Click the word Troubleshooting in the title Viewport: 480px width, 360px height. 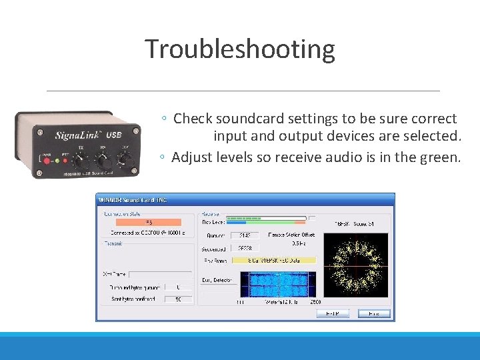(x=239, y=49)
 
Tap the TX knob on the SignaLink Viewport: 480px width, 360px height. (x=81, y=161)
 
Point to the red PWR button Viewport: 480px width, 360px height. (x=47, y=161)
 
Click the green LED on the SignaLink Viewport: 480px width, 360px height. (x=57, y=161)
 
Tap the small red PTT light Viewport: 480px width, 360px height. (x=65, y=161)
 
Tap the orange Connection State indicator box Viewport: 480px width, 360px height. (x=149, y=222)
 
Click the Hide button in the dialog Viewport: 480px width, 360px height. (x=374, y=313)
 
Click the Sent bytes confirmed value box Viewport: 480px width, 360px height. (x=178, y=299)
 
